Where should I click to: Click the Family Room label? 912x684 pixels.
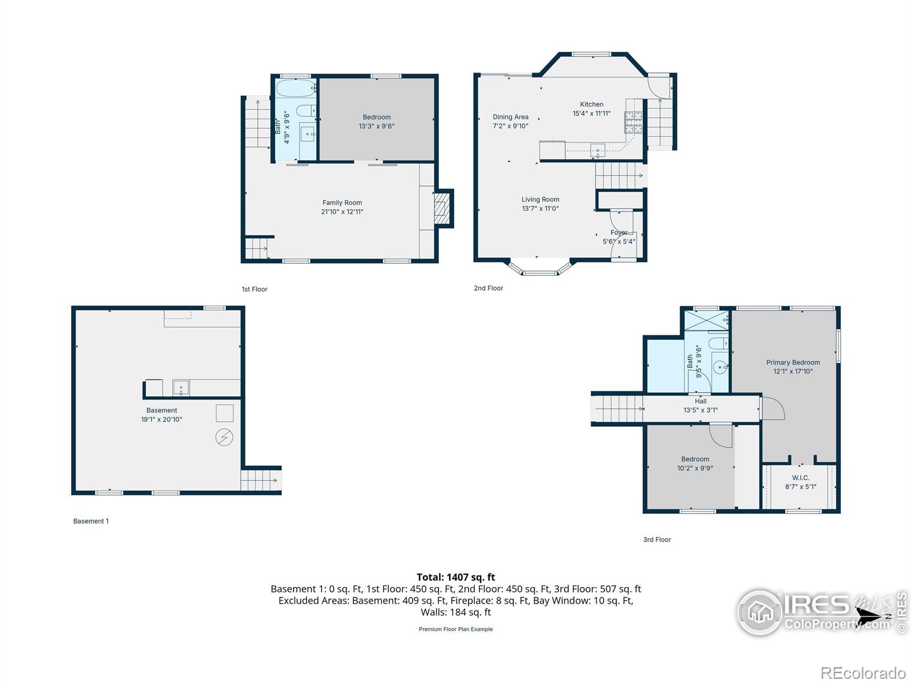click(x=342, y=203)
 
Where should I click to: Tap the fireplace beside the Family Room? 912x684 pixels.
click(x=442, y=207)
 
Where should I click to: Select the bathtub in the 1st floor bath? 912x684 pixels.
click(x=296, y=88)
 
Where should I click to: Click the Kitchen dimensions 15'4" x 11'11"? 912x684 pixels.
click(x=591, y=113)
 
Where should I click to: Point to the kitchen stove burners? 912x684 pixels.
click(x=634, y=122)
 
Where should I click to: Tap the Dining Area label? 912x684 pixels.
click(x=510, y=117)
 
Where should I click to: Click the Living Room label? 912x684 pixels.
click(x=540, y=199)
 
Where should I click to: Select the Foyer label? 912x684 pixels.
click(x=618, y=233)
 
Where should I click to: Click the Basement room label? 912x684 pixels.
click(x=162, y=410)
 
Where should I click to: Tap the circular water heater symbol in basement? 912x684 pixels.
click(x=224, y=437)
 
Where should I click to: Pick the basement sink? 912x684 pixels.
click(x=181, y=388)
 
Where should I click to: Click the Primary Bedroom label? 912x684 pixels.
click(x=793, y=363)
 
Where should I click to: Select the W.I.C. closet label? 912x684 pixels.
click(x=800, y=478)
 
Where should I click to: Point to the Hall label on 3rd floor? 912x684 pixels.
click(x=701, y=401)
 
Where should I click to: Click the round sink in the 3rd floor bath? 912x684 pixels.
click(x=720, y=367)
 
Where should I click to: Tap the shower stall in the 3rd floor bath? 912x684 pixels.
click(x=706, y=320)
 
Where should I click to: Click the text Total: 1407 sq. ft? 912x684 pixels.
click(x=456, y=577)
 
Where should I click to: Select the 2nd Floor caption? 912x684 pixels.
click(x=488, y=288)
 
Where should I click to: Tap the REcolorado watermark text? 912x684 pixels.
click(x=862, y=673)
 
